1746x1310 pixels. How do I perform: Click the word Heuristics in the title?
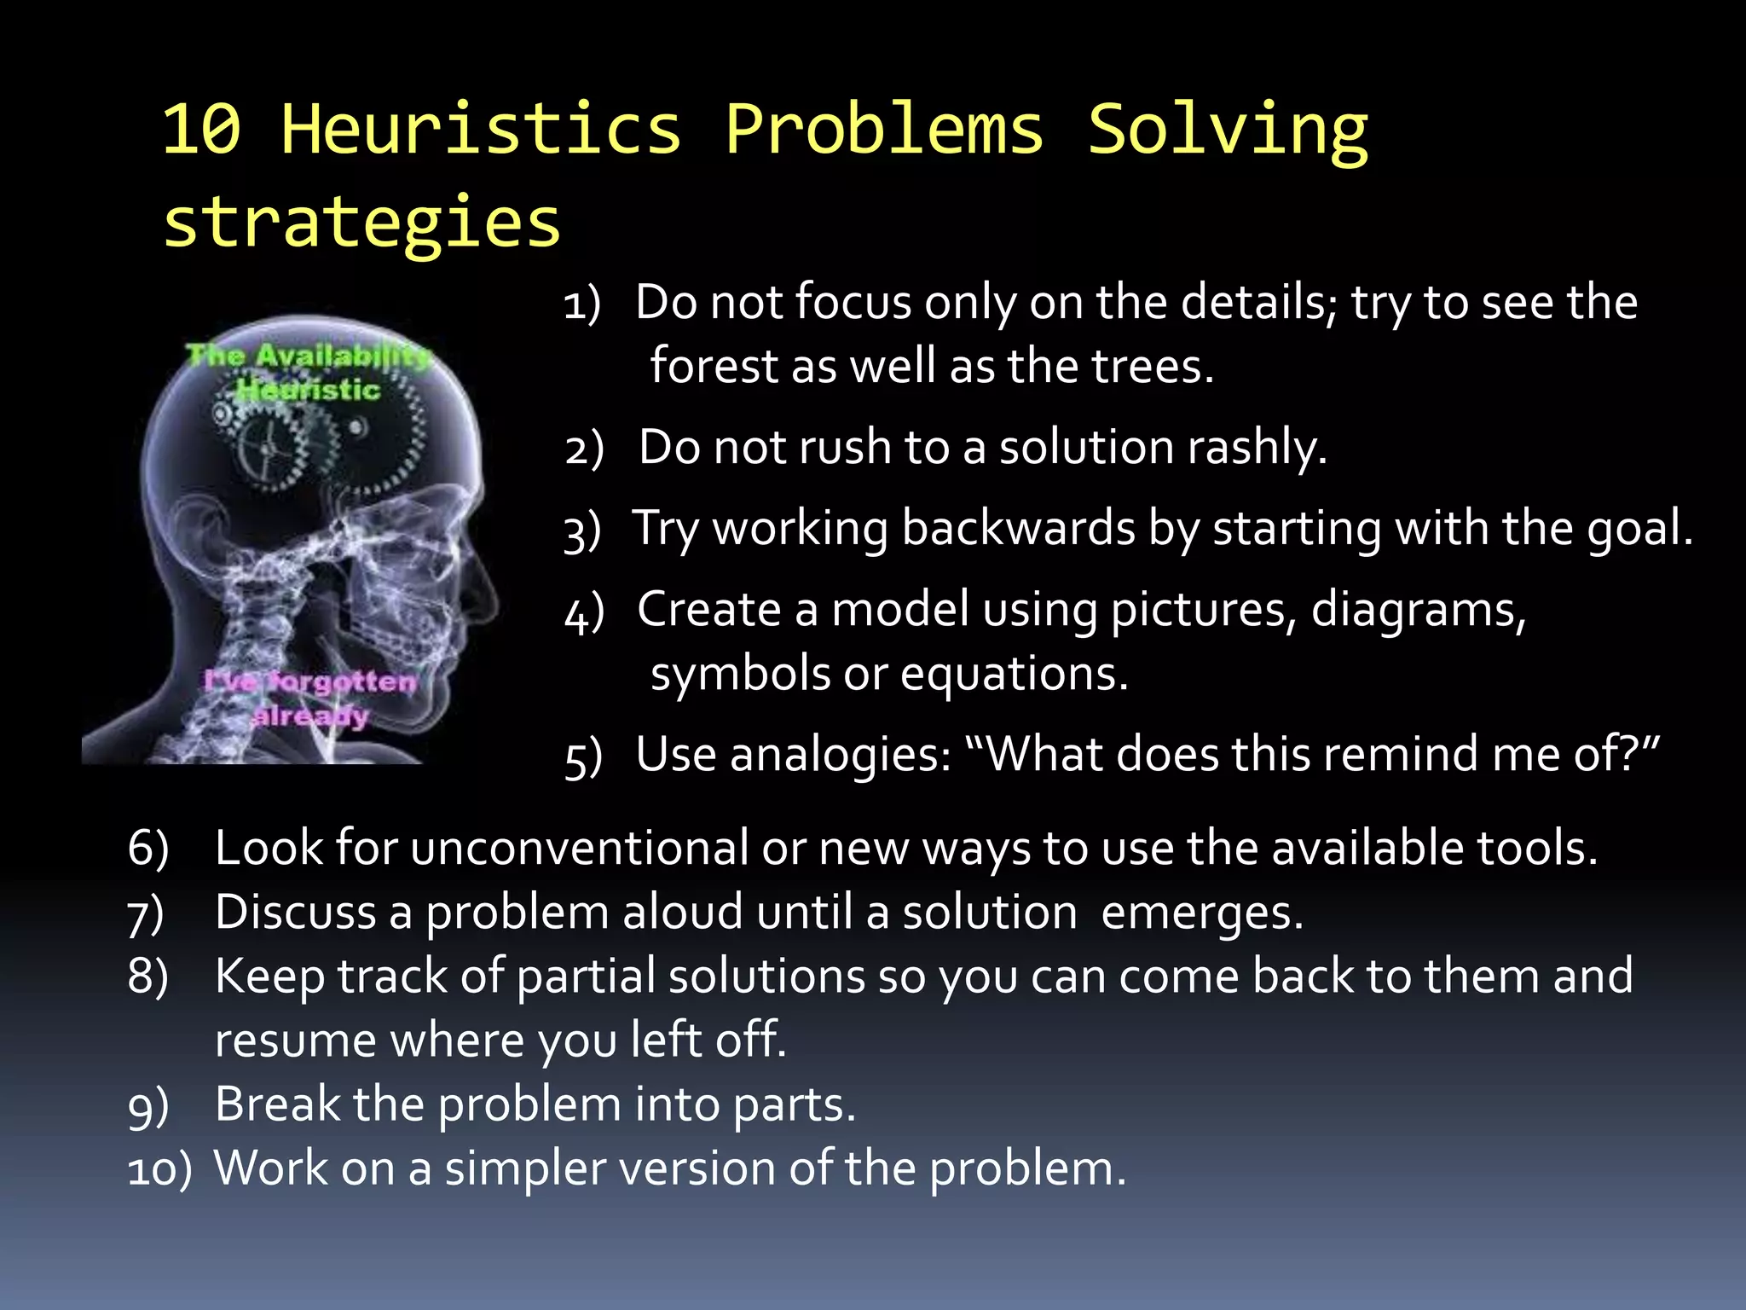click(x=482, y=130)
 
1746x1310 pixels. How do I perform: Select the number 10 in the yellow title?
click(x=202, y=130)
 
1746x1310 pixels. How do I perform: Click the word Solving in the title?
click(x=1228, y=130)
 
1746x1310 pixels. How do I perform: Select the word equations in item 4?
click(x=1014, y=674)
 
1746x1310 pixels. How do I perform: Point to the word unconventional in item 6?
click(x=580, y=849)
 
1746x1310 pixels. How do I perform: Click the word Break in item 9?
click(x=277, y=1104)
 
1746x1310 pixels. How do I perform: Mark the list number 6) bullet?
click(x=147, y=849)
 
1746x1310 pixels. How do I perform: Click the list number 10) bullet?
click(x=159, y=1169)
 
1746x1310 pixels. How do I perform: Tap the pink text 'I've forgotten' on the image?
click(x=310, y=681)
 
